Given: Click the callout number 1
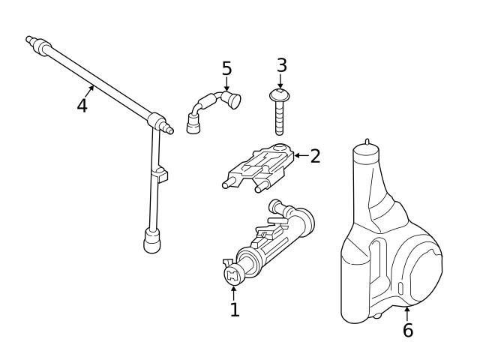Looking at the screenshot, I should click(x=235, y=309).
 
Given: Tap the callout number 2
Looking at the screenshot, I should click(x=315, y=156).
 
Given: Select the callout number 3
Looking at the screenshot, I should click(x=281, y=65).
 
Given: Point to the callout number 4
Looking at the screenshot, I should click(x=82, y=105).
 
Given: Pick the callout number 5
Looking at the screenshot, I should click(x=226, y=69).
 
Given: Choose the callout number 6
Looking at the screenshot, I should click(x=407, y=330).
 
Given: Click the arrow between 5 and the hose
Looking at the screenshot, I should click(x=226, y=84).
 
